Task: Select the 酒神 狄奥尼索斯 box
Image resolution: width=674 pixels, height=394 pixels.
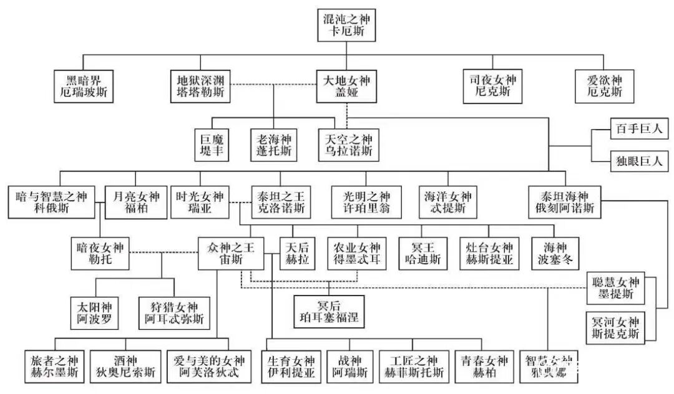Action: [x=125, y=367]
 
